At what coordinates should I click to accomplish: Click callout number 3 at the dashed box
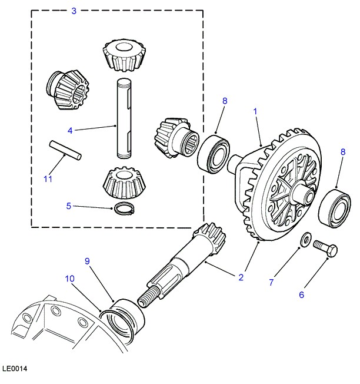[x=74, y=11]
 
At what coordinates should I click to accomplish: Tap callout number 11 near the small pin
[x=48, y=178]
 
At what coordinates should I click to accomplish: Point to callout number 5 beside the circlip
[x=69, y=206]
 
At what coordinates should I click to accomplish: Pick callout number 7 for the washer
[x=271, y=282]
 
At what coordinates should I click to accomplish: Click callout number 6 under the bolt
[x=301, y=294]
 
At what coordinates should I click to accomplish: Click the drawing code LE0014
[x=15, y=369]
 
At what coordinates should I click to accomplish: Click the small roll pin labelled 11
[x=65, y=150]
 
